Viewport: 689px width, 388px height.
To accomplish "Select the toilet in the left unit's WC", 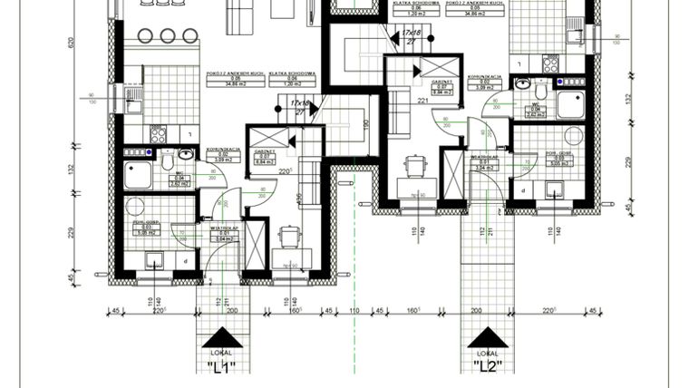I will pos(167,162).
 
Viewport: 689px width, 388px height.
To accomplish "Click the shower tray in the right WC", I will pos(573,102).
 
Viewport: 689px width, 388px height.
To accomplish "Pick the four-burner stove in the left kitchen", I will pos(158,135).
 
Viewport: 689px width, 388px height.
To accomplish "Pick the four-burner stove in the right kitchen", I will pos(550,63).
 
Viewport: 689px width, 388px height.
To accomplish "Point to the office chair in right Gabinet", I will pos(415,166).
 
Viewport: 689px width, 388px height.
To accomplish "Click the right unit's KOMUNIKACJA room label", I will pos(484,81).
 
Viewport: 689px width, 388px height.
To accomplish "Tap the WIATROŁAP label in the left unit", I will pos(224,231).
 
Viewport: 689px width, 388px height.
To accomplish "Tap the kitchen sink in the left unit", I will pos(133,94).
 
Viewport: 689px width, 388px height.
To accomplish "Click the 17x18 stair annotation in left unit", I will pos(299,103).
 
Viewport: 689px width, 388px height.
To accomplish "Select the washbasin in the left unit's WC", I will pos(186,155).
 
